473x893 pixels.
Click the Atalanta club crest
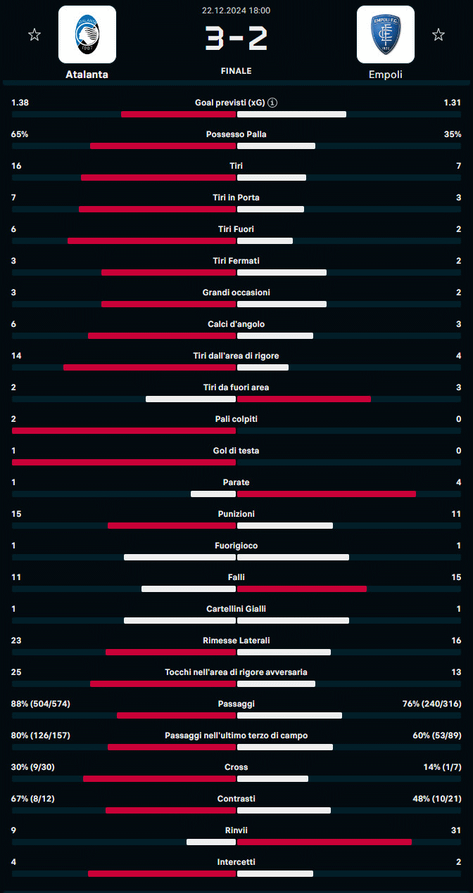pyautogui.click(x=87, y=35)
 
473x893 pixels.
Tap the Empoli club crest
pyautogui.click(x=385, y=35)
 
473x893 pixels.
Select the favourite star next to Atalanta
pyautogui.click(x=34, y=34)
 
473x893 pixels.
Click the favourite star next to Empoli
pyautogui.click(x=439, y=34)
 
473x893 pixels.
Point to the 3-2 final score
pyautogui.click(x=236, y=39)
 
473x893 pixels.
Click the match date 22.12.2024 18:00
pyautogui.click(x=236, y=11)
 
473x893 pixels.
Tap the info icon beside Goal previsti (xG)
pyautogui.click(x=272, y=103)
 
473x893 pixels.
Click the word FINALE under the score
pyautogui.click(x=236, y=71)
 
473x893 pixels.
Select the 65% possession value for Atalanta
pyautogui.click(x=20, y=134)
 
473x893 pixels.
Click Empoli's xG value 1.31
pyautogui.click(x=452, y=103)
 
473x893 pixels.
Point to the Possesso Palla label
pyautogui.click(x=236, y=134)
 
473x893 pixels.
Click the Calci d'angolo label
pyautogui.click(x=236, y=324)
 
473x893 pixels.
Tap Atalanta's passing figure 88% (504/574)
pyautogui.click(x=41, y=704)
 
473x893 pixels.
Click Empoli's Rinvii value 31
pyautogui.click(x=456, y=830)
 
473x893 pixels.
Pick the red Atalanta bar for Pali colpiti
pyautogui.click(x=124, y=430)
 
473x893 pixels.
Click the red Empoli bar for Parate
pyautogui.click(x=327, y=494)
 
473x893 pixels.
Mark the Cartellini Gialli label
pyautogui.click(x=236, y=609)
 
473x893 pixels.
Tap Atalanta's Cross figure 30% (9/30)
pyautogui.click(x=32, y=767)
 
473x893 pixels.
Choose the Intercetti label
pyautogui.click(x=236, y=862)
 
